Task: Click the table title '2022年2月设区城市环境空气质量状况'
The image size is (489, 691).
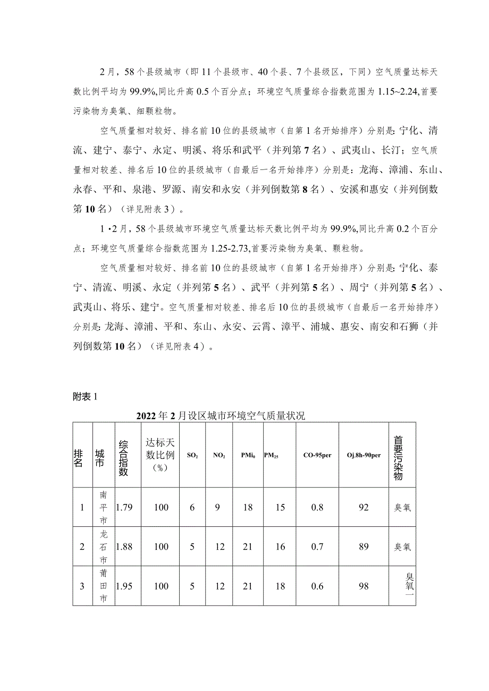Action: (x=221, y=416)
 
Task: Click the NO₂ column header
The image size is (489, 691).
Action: (x=219, y=455)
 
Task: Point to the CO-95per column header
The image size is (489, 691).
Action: (x=317, y=455)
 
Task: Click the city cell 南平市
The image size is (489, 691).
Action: (x=104, y=507)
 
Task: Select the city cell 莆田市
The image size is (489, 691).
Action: (x=104, y=586)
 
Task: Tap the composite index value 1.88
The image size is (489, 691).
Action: (x=124, y=547)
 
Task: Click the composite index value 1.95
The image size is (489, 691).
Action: (x=124, y=586)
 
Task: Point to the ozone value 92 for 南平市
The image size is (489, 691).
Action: (x=364, y=507)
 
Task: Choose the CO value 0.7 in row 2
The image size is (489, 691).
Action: (x=317, y=547)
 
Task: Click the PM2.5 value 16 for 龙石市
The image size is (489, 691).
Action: (x=281, y=547)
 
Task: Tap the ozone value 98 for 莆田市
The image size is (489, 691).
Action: (x=364, y=586)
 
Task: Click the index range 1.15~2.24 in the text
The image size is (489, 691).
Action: (x=397, y=91)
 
